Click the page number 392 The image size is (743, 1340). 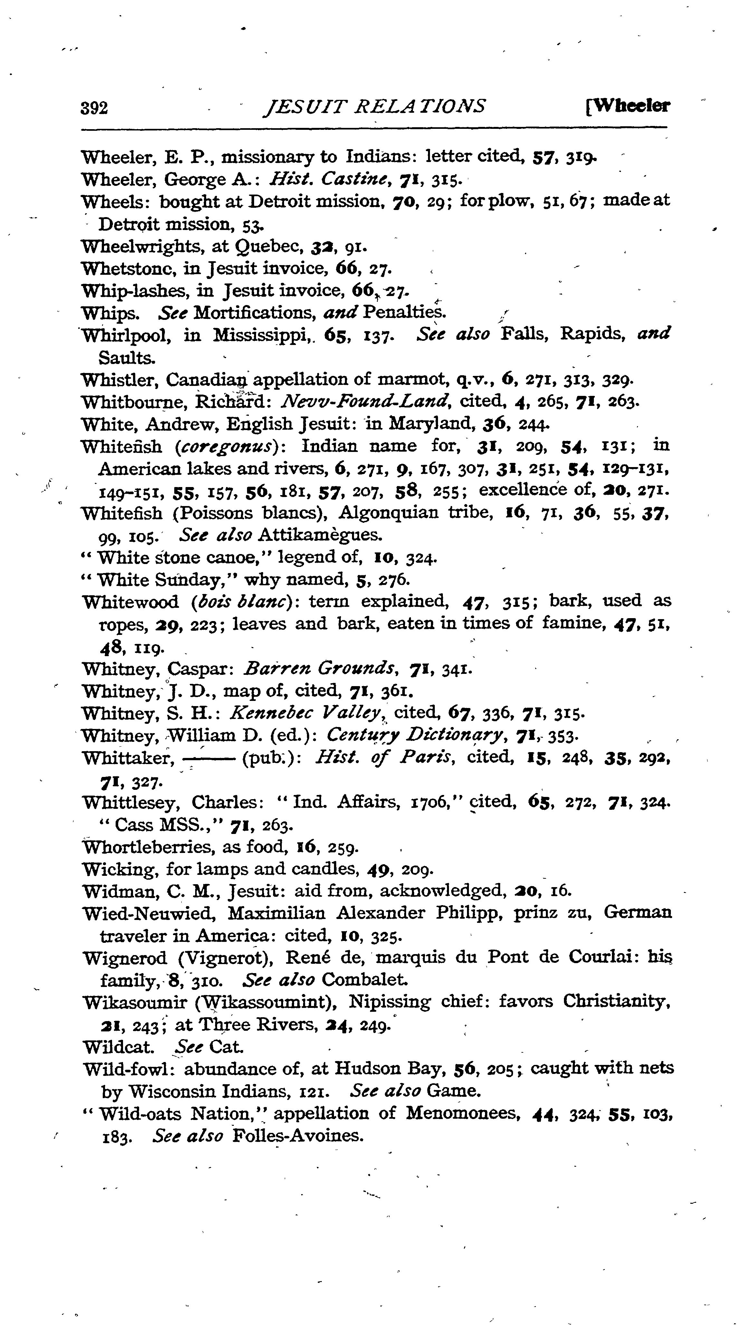pyautogui.click(x=94, y=108)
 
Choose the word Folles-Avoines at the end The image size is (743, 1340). pyautogui.click(x=297, y=1135)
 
